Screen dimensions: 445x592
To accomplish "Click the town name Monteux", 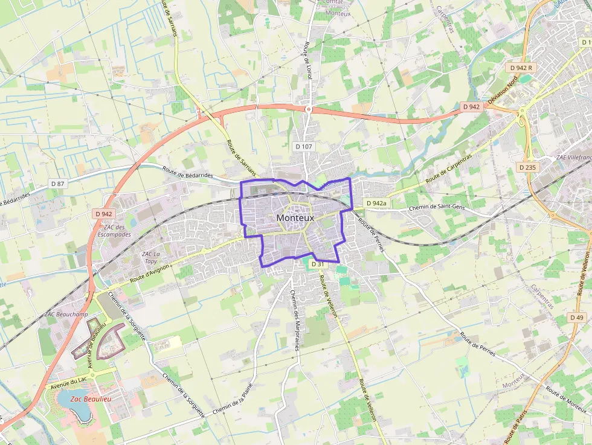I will point(295,217).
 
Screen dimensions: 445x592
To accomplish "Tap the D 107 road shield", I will point(304,146).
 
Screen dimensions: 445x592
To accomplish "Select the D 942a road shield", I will point(375,203).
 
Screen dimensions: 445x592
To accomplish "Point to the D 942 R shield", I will point(520,68).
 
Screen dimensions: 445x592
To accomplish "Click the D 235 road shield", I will point(527,167).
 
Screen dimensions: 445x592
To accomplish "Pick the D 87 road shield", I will point(57,184).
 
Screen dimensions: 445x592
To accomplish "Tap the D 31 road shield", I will point(318,264).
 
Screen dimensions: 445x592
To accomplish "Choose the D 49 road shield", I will point(576,318).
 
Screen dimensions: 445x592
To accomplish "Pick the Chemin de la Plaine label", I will point(233,400).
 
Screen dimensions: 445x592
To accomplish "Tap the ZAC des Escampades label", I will point(115,231).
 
